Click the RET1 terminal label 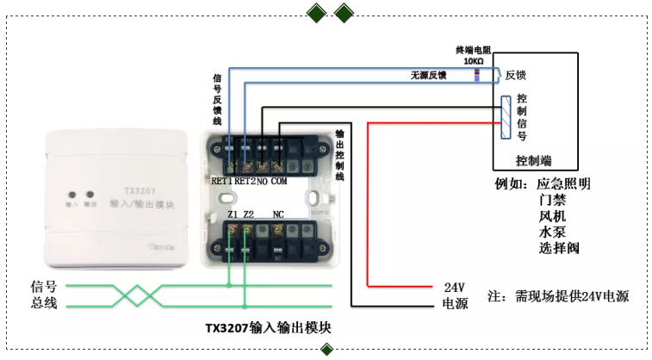coord(222,182)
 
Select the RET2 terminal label coord(245,182)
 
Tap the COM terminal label coord(279,182)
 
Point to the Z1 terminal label coord(232,214)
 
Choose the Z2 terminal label coord(248,214)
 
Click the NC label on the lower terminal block coord(278,214)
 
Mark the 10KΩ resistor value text coord(473,62)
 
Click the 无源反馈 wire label coord(427,76)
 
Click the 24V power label coord(454,287)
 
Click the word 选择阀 coord(557,249)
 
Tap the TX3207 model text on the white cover coord(136,189)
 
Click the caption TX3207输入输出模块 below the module coord(268,328)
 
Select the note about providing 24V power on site coord(558,296)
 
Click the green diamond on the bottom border coord(327,350)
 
